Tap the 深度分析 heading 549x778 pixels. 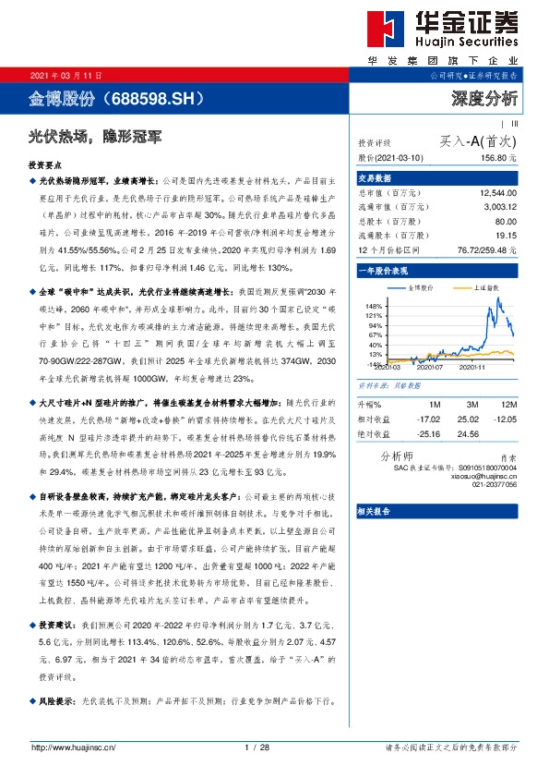click(x=486, y=97)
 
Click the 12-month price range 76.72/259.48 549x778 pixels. click(x=490, y=249)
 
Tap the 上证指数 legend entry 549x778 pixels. click(x=467, y=288)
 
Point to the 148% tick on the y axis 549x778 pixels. click(x=374, y=305)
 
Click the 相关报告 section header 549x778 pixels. click(x=373, y=510)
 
